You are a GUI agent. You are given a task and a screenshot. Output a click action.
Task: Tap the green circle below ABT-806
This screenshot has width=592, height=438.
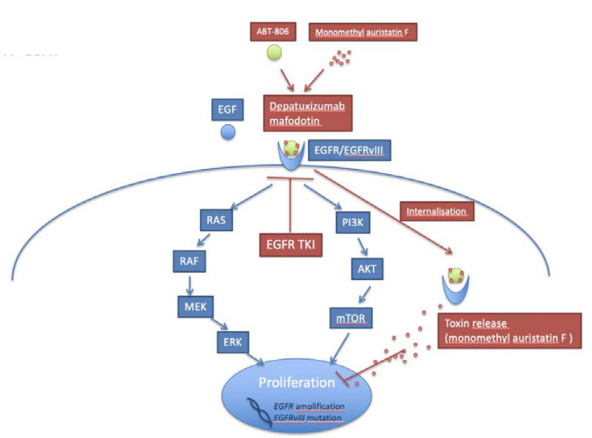(x=274, y=53)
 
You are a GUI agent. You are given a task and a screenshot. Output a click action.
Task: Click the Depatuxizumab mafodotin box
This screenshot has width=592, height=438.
(x=308, y=112)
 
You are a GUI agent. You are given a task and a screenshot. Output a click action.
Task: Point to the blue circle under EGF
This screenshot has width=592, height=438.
(x=228, y=132)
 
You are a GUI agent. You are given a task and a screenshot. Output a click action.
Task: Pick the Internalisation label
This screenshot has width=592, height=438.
(x=436, y=210)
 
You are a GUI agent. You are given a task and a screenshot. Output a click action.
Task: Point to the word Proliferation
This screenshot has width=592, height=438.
(x=295, y=382)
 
